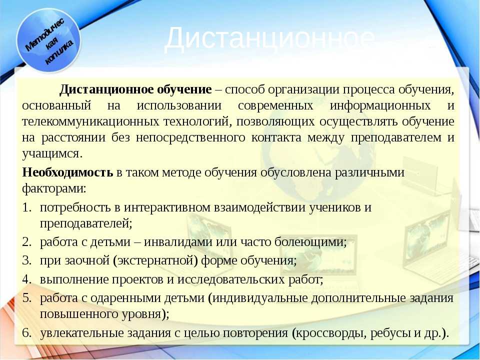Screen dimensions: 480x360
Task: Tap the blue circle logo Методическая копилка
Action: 48,40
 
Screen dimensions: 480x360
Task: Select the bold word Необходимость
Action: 67,172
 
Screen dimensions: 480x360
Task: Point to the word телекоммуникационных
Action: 90,121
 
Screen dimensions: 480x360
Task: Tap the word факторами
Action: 54,188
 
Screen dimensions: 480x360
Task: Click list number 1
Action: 27,207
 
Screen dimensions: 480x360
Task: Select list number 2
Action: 27,242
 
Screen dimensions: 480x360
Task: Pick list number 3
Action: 27,260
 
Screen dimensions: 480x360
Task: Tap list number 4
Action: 27,279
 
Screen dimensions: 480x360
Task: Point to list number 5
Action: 27,298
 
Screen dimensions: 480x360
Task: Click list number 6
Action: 27,333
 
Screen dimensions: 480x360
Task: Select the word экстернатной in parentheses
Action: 155,261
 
